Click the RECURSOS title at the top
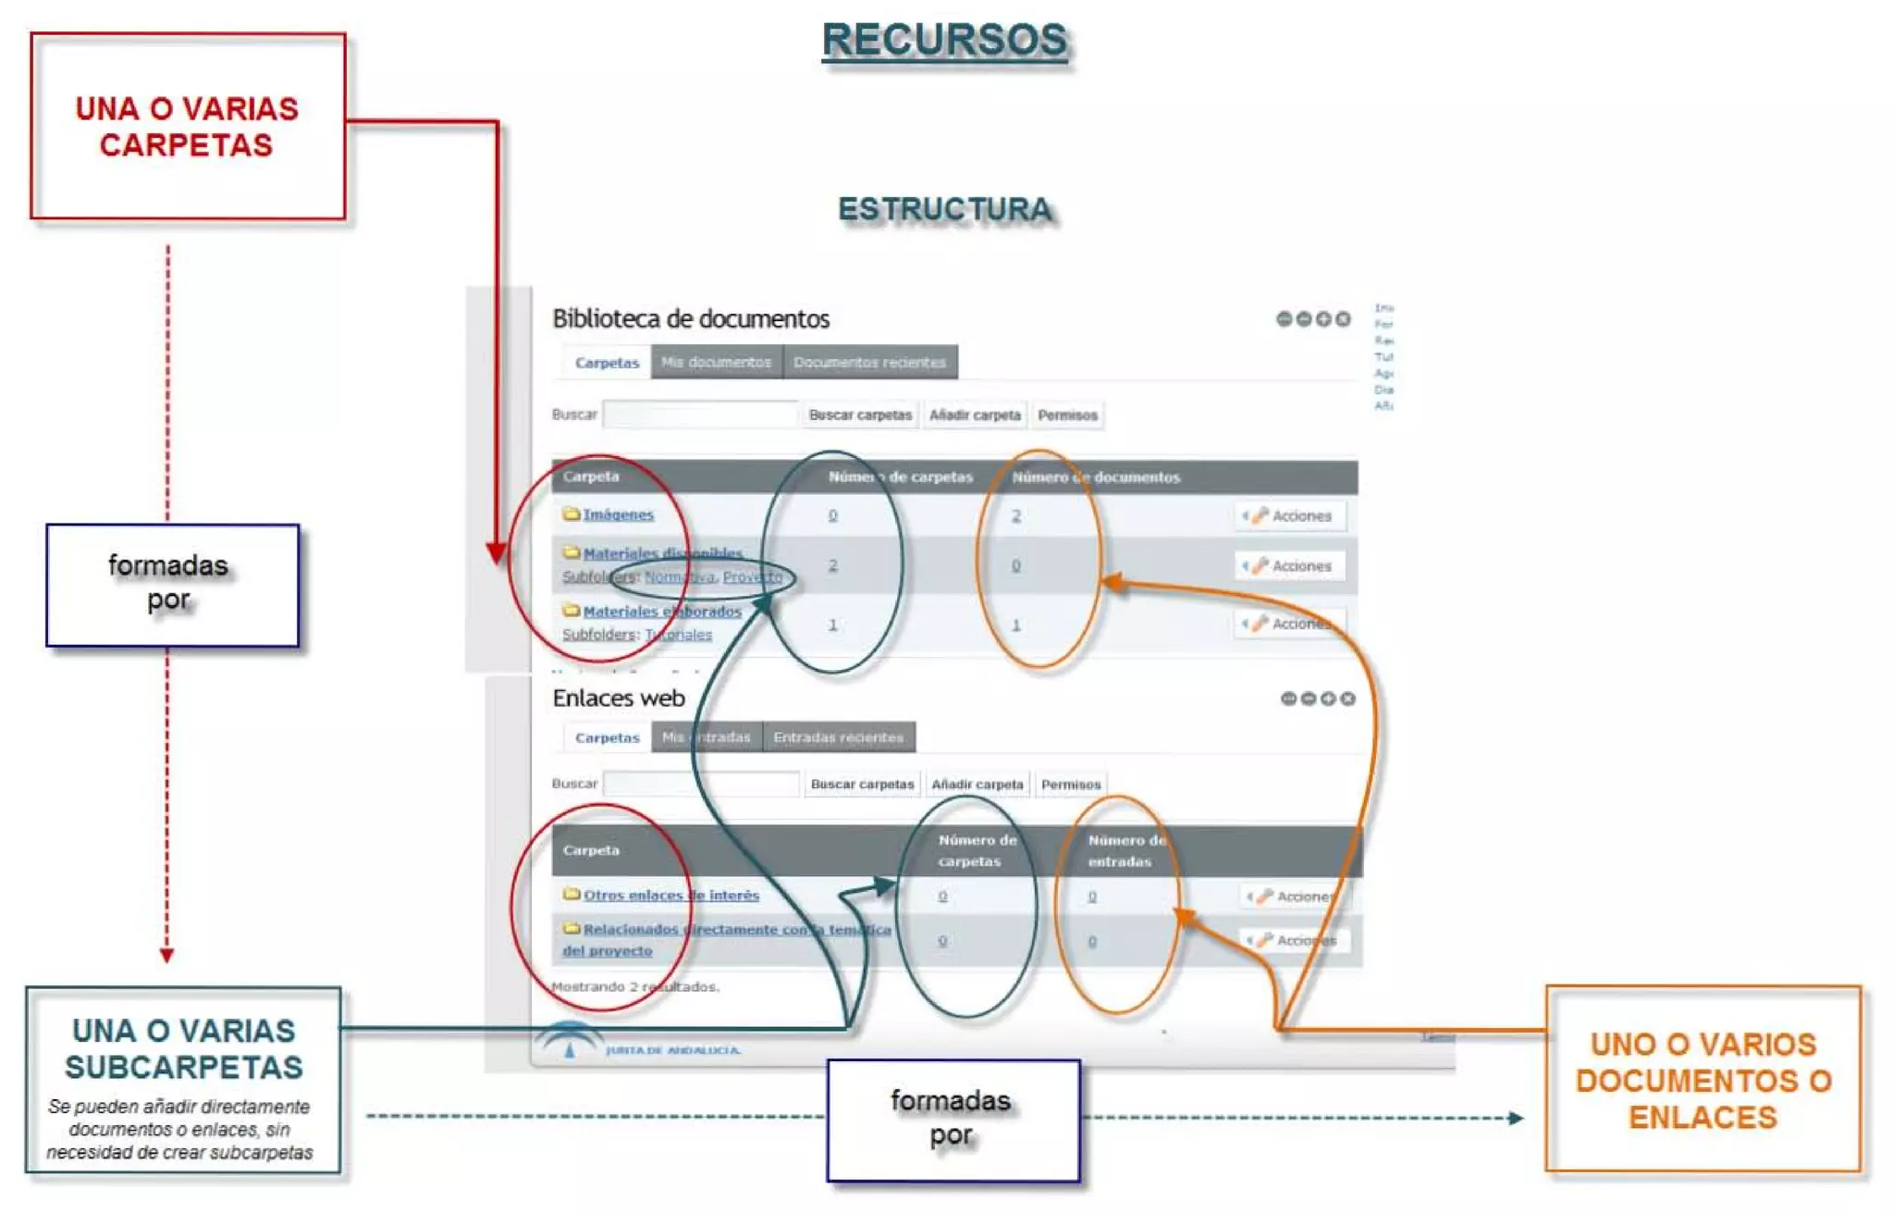(944, 41)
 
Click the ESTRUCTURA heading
(944, 210)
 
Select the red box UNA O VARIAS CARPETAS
(188, 127)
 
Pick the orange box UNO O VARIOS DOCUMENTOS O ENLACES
(1703, 1080)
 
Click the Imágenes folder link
(618, 514)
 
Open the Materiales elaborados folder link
(662, 612)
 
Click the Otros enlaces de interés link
(670, 896)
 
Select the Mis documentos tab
(716, 363)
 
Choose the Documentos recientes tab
(869, 363)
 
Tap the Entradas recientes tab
(838, 737)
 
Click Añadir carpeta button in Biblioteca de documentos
(975, 415)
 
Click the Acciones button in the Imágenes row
(1291, 516)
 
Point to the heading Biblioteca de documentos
(691, 319)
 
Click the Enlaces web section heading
(619, 699)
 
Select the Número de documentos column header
(1096, 477)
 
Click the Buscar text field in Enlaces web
(700, 785)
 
